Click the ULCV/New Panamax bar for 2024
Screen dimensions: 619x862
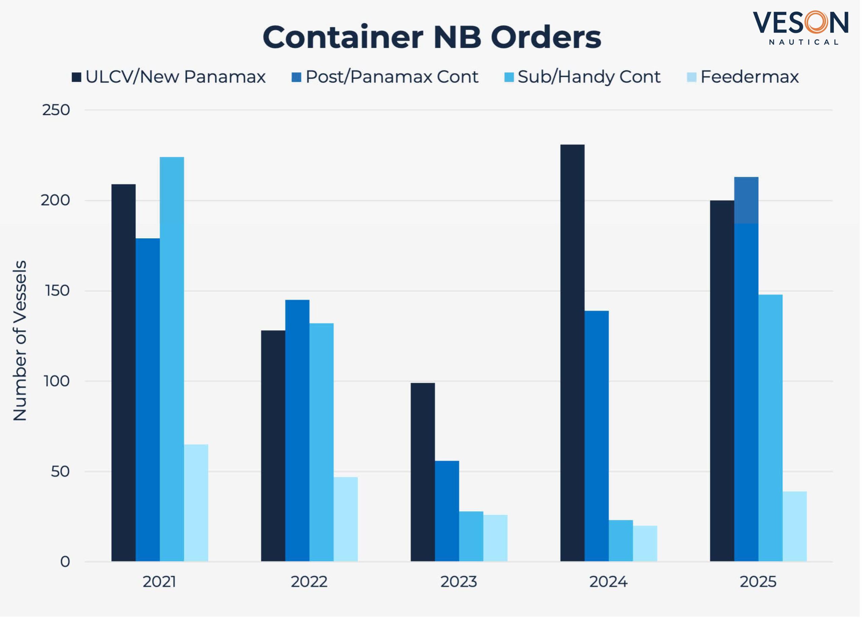click(x=572, y=353)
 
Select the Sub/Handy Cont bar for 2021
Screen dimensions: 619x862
click(x=172, y=359)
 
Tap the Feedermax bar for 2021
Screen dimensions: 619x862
click(x=196, y=503)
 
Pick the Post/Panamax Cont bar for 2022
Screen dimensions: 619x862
click(x=297, y=431)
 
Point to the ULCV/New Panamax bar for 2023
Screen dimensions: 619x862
click(x=423, y=472)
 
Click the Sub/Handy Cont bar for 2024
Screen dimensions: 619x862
click(x=621, y=541)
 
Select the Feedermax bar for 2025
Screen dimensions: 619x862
click(x=794, y=527)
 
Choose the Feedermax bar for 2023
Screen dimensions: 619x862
click(x=495, y=538)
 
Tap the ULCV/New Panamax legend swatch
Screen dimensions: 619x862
click(x=76, y=77)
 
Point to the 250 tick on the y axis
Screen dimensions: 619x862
click(x=56, y=110)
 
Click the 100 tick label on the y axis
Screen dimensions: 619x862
click(x=57, y=381)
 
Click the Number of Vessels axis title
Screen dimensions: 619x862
click(x=20, y=341)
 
